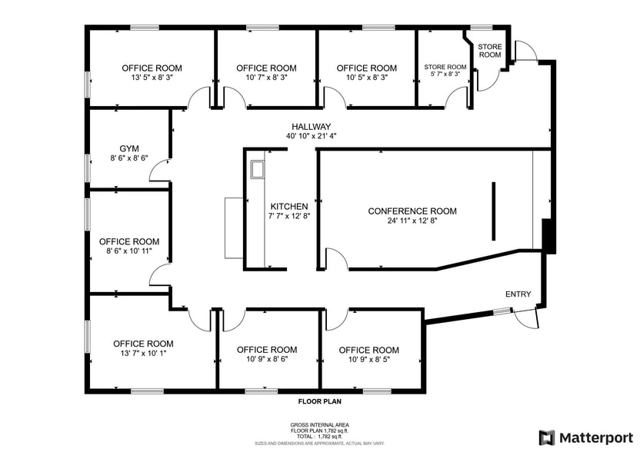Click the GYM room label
pyautogui.click(x=128, y=148)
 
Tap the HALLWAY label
pyautogui.click(x=311, y=127)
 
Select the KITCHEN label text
pyautogui.click(x=289, y=207)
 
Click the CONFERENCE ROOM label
pyautogui.click(x=412, y=211)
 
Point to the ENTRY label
pyautogui.click(x=518, y=294)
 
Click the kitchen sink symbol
pyautogui.click(x=257, y=168)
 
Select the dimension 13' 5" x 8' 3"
pyautogui.click(x=152, y=78)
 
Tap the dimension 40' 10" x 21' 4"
pyautogui.click(x=311, y=136)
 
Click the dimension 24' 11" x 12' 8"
pyautogui.click(x=412, y=221)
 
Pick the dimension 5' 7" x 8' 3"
pyautogui.click(x=445, y=75)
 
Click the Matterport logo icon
pyautogui.click(x=546, y=437)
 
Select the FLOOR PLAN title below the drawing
pyautogui.click(x=320, y=401)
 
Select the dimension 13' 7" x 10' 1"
pyautogui.click(x=143, y=354)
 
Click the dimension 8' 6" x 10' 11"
pyautogui.click(x=129, y=251)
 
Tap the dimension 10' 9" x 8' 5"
pyautogui.click(x=369, y=360)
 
